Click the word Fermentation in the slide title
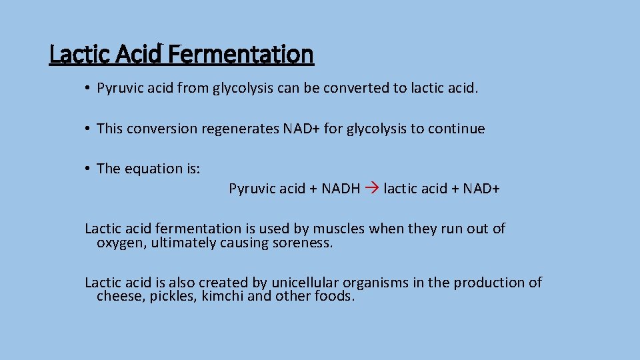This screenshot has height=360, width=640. click(x=241, y=54)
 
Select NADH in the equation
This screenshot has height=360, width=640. click(x=341, y=189)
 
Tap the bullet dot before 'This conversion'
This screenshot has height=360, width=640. click(x=87, y=129)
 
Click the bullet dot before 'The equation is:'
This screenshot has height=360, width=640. click(x=87, y=169)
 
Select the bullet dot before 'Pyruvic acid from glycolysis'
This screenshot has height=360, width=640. click(x=87, y=88)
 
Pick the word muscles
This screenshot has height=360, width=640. click(x=339, y=229)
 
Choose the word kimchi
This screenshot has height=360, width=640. click(x=223, y=296)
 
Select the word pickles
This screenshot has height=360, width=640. click(x=173, y=296)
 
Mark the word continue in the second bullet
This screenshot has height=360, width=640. click(x=458, y=129)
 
